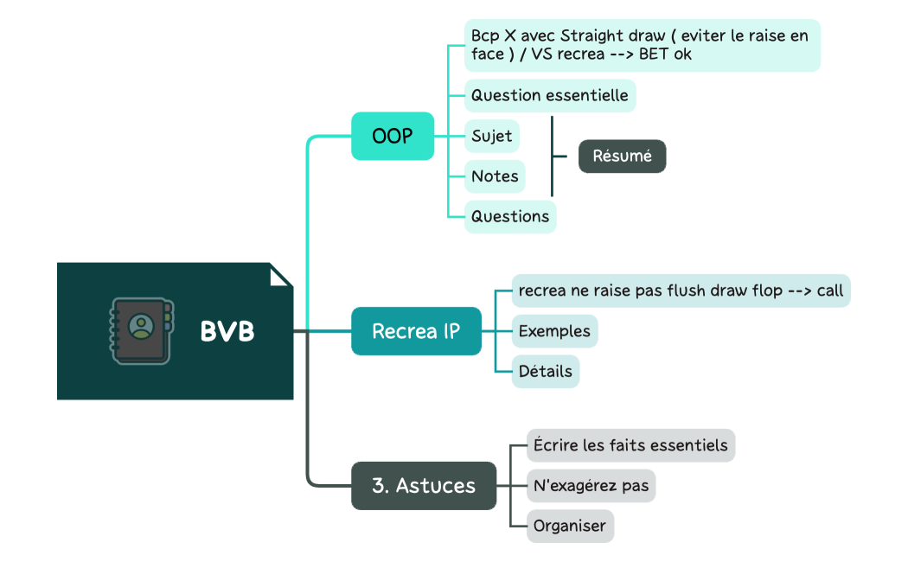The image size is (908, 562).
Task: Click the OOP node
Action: (x=393, y=136)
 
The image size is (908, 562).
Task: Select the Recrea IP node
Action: (x=416, y=331)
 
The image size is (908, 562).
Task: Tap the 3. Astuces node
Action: (x=424, y=486)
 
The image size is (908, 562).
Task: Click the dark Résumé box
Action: (x=623, y=156)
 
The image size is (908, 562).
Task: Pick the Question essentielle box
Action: (x=550, y=95)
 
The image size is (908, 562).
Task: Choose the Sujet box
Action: (x=492, y=136)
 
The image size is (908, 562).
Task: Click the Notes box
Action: (x=496, y=176)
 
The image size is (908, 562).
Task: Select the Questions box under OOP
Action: (x=510, y=217)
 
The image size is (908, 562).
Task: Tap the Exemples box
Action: (x=555, y=331)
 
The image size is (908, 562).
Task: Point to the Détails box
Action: (x=546, y=372)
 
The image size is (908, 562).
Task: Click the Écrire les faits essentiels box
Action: (x=630, y=445)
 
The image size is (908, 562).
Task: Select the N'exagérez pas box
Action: (x=591, y=486)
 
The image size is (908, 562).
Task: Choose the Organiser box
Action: (x=570, y=526)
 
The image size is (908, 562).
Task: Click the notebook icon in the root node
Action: (x=141, y=331)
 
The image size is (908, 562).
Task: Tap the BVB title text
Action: (x=227, y=332)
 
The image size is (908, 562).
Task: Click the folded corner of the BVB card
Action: (x=279, y=276)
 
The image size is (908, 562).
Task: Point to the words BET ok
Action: (x=665, y=54)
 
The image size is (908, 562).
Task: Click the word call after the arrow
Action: (x=830, y=291)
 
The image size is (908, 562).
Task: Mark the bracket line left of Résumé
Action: (x=553, y=156)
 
